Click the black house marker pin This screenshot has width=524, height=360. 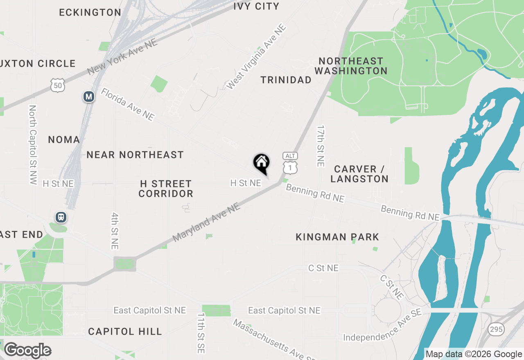262,163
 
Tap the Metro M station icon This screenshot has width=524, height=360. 89,97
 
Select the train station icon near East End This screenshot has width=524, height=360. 61,217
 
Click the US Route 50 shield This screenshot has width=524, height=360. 58,85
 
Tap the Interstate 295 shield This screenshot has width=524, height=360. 496,328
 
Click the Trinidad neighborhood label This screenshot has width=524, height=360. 286,80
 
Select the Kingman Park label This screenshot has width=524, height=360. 337,237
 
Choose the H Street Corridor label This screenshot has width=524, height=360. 165,189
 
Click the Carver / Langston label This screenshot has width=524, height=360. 359,174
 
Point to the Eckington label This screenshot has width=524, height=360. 90,13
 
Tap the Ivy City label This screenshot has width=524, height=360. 256,6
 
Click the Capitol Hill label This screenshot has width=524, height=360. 125,331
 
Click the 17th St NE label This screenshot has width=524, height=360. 320,146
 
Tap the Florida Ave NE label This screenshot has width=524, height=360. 128,104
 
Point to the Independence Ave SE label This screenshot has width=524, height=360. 382,326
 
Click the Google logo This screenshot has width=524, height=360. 27,351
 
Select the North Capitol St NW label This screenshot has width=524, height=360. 33,145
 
